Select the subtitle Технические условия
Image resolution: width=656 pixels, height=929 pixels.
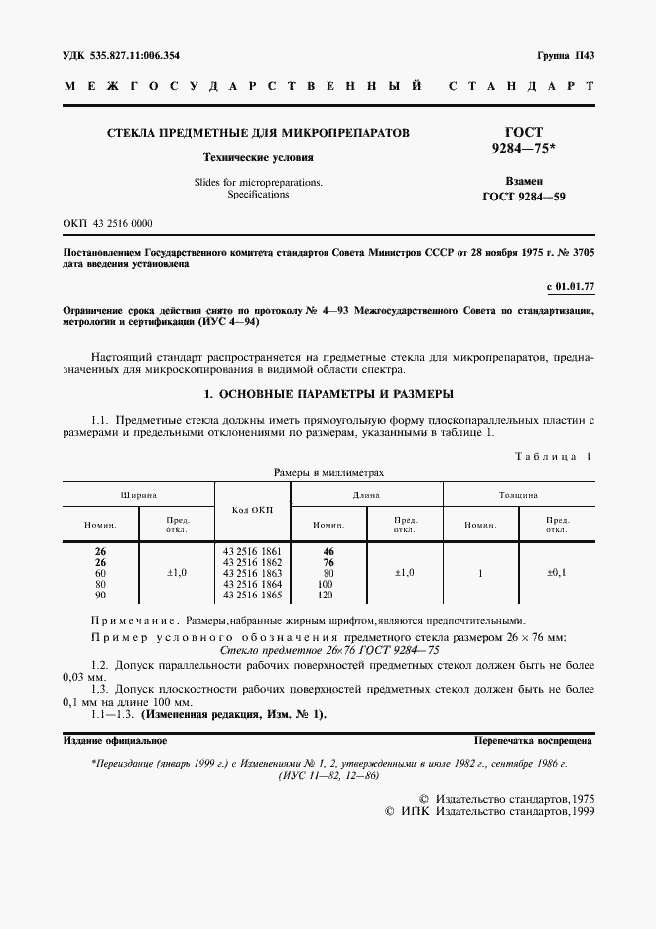(258, 157)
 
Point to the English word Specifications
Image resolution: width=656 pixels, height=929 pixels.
(258, 195)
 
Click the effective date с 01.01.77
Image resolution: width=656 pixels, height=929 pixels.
(571, 287)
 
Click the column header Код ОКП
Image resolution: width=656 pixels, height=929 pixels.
(252, 509)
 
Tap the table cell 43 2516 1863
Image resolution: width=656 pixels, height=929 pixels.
(252, 573)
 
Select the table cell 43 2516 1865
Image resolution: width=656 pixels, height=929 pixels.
(252, 595)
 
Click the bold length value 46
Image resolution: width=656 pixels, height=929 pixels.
(328, 551)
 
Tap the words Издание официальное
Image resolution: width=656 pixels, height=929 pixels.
(114, 741)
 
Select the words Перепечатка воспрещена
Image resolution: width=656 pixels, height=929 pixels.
(534, 741)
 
